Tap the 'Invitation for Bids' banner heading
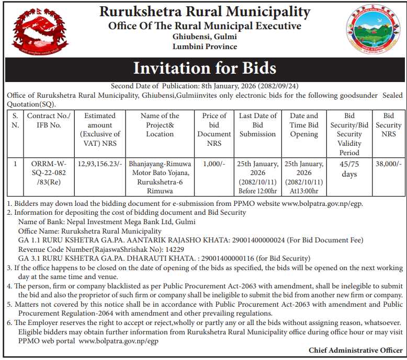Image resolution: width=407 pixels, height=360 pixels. point(205,68)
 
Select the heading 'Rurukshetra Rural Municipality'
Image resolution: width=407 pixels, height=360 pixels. point(205,11)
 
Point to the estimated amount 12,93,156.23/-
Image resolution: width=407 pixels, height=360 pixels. point(100,164)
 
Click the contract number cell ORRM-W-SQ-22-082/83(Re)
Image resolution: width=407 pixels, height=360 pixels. point(51,172)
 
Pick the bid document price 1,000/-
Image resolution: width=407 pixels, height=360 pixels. point(214,164)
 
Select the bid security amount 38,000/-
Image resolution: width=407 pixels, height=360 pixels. point(389,164)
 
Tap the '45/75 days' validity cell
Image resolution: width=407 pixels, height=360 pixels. point(349,168)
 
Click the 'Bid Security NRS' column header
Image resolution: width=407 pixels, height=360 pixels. point(389,125)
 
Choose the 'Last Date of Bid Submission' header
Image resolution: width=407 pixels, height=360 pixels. point(257,125)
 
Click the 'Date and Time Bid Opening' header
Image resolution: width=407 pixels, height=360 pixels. point(304,125)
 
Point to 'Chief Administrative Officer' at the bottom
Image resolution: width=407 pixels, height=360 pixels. point(355,350)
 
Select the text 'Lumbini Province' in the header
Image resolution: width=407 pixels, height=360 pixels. point(205,47)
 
